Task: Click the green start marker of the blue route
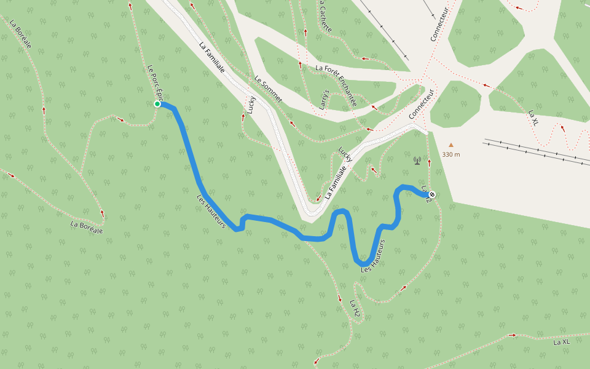[157, 104]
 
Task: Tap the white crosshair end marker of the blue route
[432, 194]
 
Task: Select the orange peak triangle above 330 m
[451, 146]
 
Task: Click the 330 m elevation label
[451, 154]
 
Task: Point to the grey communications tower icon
[417, 161]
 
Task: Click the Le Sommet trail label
[269, 89]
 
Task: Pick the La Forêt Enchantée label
[336, 85]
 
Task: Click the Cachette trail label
[324, 16]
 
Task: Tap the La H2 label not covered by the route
[355, 311]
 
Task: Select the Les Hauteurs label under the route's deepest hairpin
[377, 256]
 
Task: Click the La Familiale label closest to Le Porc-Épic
[211, 58]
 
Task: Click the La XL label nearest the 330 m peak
[533, 117]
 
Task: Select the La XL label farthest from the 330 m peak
[562, 341]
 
